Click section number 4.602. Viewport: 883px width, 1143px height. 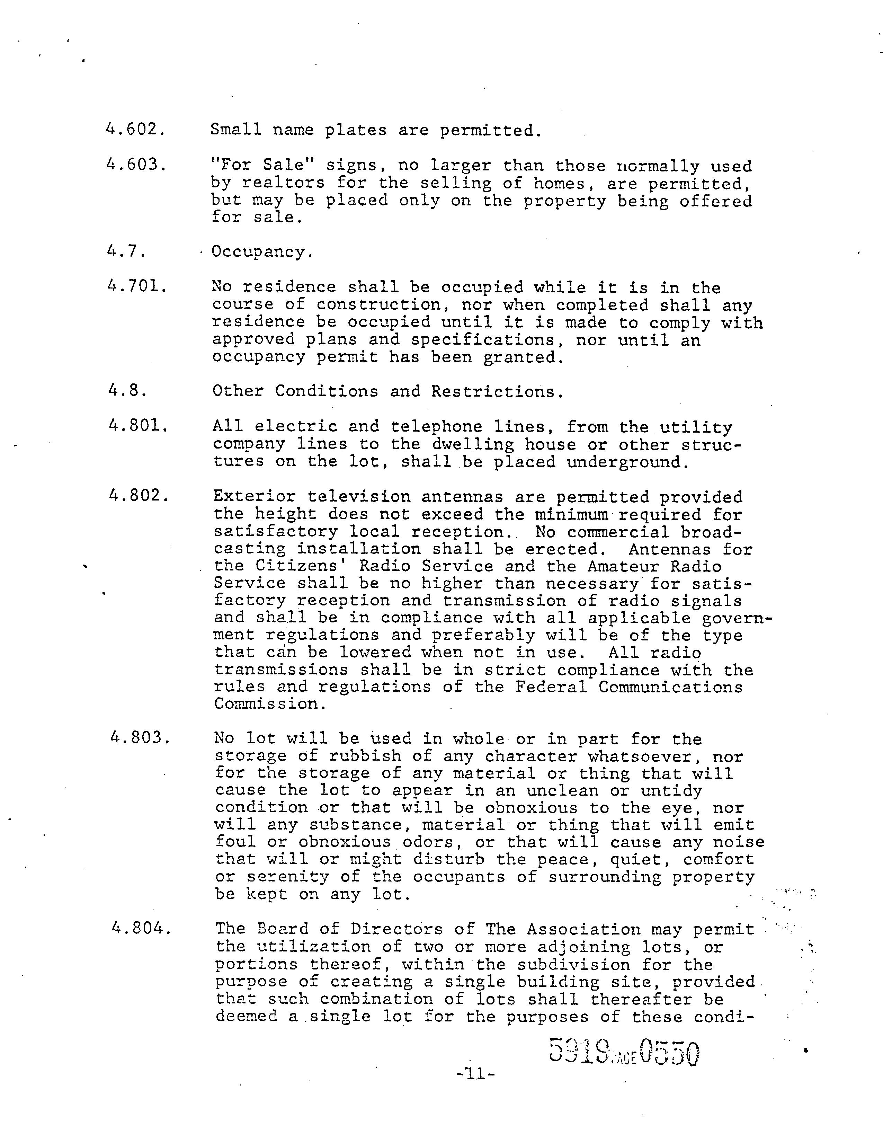point(135,129)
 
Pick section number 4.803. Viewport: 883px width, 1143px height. point(140,738)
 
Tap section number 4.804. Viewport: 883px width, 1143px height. point(141,928)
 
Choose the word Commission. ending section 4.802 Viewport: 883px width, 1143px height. point(270,704)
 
